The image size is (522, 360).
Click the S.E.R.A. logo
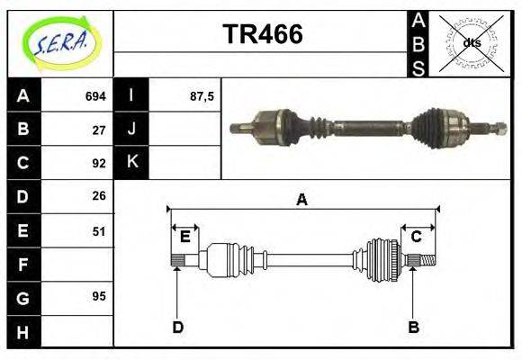[x=60, y=41]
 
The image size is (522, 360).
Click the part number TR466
[x=262, y=35]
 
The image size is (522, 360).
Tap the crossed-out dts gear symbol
[x=471, y=42]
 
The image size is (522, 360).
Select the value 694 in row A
[x=95, y=95]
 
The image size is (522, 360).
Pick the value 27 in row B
[x=99, y=129]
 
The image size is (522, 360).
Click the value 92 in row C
[x=99, y=163]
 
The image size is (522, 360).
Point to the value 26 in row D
[x=99, y=195]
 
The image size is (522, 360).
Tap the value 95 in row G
[x=99, y=296]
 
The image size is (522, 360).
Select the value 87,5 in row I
[x=202, y=95]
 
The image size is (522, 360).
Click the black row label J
[x=131, y=129]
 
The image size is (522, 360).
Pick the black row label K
[x=131, y=163]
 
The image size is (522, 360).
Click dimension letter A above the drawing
[x=302, y=200]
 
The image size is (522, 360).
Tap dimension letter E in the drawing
[x=184, y=237]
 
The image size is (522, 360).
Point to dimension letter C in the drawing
[x=417, y=237]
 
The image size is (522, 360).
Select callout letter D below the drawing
[x=177, y=328]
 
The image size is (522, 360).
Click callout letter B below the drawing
[x=413, y=328]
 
